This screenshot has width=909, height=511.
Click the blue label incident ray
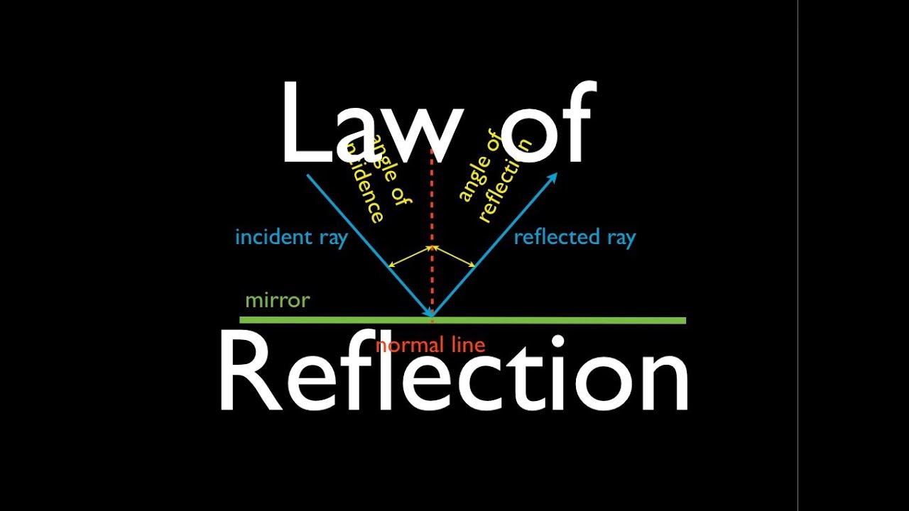pyautogui.click(x=290, y=237)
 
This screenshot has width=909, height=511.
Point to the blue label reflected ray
pyautogui.click(x=574, y=237)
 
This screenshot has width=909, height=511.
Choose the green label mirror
pyautogui.click(x=277, y=300)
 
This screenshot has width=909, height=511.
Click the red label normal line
pyautogui.click(x=430, y=346)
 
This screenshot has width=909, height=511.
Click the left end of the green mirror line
pyautogui.click(x=241, y=320)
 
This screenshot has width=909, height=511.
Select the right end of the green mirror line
pyautogui.click(x=685, y=320)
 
